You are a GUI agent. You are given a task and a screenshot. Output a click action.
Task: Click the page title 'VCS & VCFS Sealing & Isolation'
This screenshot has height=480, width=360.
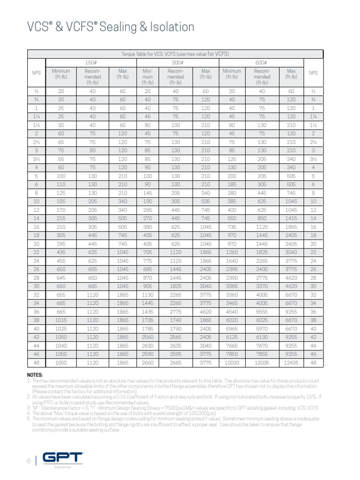(111, 27)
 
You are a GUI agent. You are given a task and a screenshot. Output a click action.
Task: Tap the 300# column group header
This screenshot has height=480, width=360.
(178, 62)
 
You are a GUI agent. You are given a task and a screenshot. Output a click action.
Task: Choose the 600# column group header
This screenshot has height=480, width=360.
(262, 62)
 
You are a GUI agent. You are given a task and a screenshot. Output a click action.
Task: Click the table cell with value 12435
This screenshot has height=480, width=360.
(291, 362)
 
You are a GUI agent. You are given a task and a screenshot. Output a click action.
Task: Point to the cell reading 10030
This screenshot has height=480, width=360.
(232, 362)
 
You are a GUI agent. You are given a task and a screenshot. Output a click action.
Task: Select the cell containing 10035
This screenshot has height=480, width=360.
(262, 362)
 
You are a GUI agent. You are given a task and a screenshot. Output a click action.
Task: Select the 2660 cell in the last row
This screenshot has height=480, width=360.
(148, 362)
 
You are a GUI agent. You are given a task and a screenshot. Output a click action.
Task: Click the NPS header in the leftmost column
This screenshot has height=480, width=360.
(36, 73)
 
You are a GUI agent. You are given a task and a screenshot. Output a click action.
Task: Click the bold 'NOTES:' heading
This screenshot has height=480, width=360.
(35, 375)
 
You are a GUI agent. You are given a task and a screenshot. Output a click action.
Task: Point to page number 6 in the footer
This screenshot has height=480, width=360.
(28, 461)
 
